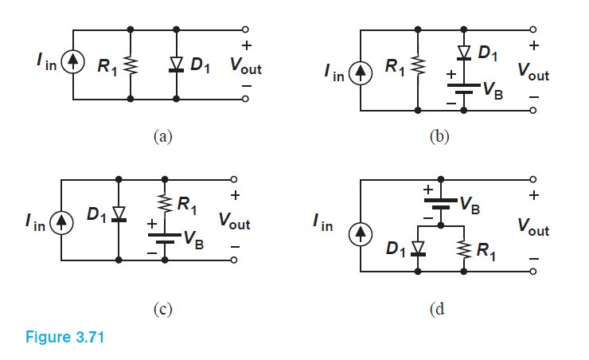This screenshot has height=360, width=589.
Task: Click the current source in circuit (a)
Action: tap(73, 62)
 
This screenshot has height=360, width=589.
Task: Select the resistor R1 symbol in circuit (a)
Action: tap(131, 66)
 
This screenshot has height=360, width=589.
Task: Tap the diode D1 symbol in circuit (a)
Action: tap(176, 64)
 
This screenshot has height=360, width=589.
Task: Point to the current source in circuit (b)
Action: tap(361, 73)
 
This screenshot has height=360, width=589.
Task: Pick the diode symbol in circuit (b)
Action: tap(464, 53)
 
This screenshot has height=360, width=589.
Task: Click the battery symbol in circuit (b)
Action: tap(464, 88)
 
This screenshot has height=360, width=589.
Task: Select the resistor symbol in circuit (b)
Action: tap(418, 66)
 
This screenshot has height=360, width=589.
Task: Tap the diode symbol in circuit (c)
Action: tap(119, 213)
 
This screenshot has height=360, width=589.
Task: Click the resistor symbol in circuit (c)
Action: tap(165, 204)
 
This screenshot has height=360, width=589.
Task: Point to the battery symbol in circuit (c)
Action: tap(165, 239)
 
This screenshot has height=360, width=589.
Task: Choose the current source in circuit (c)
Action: tap(61, 223)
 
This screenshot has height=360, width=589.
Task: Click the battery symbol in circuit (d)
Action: tap(441, 204)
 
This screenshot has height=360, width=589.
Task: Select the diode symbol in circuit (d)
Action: tap(418, 248)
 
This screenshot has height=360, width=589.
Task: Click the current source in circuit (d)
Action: tap(361, 234)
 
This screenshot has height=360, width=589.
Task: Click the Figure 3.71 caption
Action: tap(64, 337)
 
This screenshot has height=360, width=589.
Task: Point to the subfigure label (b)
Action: tap(439, 136)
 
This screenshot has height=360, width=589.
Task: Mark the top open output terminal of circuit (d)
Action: tap(533, 179)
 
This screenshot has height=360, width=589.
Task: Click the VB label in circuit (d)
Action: tap(470, 205)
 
